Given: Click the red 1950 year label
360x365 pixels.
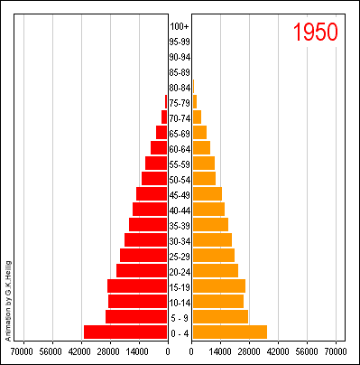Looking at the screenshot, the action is point(315,32).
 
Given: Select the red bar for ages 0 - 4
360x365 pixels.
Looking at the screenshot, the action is point(125,332).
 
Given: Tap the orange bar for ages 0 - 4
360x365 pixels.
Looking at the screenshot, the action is point(230,332).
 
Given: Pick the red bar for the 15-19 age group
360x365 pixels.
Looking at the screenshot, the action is point(137,285).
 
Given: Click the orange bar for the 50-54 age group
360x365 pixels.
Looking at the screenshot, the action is point(204,178).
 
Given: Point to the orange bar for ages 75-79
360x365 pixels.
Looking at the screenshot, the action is point(195,101).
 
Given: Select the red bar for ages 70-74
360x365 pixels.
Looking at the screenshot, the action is point(164,117).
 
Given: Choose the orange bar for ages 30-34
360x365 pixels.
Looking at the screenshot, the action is point(212,239).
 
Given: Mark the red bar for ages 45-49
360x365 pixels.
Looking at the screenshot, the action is point(152,193).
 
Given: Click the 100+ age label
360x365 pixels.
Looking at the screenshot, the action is point(180,26).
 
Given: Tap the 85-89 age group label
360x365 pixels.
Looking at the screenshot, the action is point(180,72).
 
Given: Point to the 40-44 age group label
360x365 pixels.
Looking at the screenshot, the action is point(180,211).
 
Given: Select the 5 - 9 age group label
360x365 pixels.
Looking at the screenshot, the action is point(180,318).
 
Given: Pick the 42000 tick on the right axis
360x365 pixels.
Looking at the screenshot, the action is point(278,351).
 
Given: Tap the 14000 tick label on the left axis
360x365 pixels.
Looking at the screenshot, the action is point(139,351).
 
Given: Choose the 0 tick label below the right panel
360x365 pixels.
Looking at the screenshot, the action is point(191,351).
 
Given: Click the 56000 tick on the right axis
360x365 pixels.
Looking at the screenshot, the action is point(307,351).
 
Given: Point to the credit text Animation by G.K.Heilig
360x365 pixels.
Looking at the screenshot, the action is point(8,301).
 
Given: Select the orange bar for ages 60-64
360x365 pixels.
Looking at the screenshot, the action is point(201,147).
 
